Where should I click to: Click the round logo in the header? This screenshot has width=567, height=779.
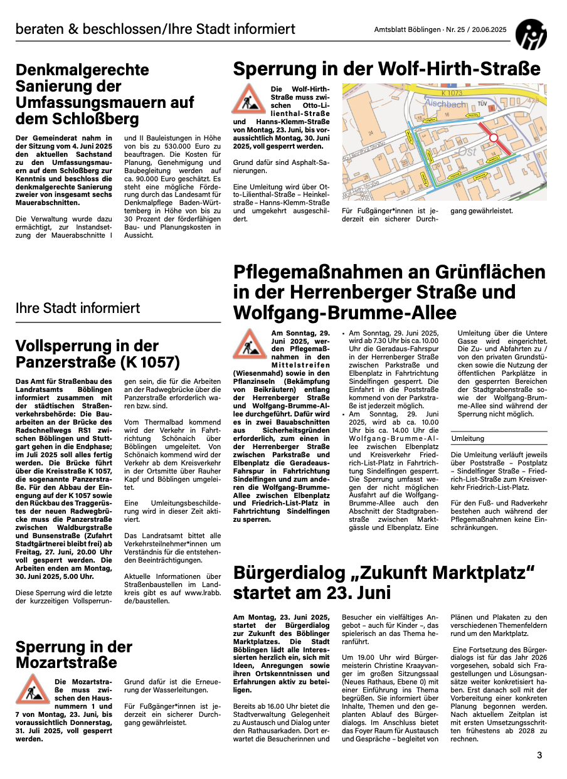(531, 33)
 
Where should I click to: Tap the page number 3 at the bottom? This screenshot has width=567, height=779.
(539, 755)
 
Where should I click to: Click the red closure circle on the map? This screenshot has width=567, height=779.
(494, 137)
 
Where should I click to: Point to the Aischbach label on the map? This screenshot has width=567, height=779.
(445, 103)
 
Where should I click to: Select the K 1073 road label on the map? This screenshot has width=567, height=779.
(452, 93)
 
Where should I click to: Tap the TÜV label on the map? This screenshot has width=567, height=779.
(482, 103)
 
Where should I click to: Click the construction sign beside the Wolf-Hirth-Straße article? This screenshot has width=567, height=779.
(248, 98)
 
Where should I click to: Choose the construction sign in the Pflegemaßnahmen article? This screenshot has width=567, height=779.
(249, 344)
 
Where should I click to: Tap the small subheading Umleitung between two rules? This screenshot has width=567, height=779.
(468, 438)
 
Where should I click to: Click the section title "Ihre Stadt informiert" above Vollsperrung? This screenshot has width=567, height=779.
(78, 308)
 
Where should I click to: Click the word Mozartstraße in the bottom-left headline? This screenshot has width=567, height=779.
(66, 662)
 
